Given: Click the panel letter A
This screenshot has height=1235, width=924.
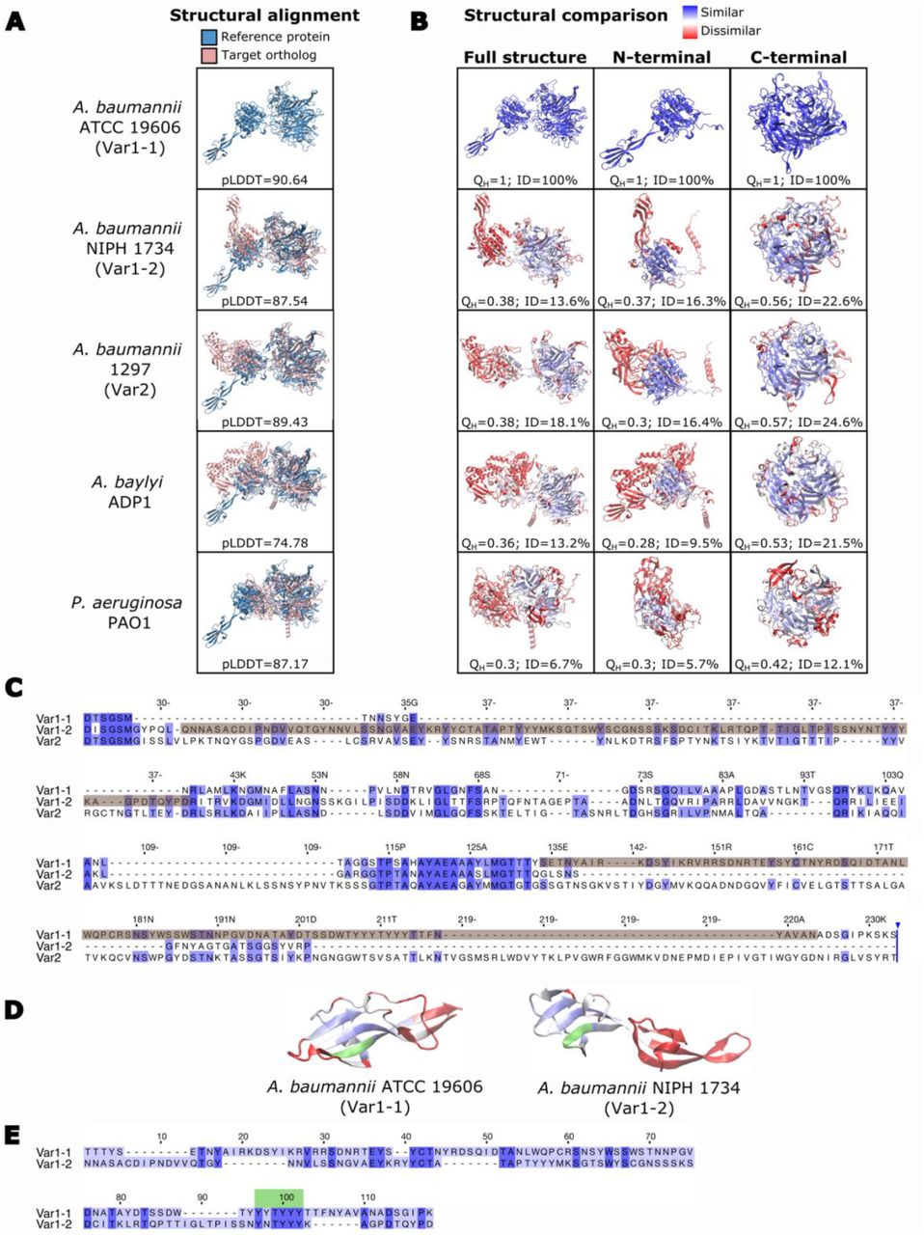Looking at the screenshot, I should point(15,20).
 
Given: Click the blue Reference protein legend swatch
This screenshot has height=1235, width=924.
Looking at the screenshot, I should point(210,37).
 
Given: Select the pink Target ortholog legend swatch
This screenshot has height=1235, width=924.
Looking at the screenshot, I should point(210,55).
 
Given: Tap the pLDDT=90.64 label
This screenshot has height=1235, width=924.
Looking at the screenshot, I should point(264,179).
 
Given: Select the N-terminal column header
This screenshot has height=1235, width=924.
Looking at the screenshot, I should point(661,57).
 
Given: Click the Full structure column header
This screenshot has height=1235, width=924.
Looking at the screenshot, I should point(525,57).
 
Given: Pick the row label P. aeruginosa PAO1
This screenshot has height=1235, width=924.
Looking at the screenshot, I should point(126,613).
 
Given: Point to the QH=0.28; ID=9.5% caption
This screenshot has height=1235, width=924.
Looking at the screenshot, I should point(662,543).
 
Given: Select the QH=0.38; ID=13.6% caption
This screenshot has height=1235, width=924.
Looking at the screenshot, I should point(526,301).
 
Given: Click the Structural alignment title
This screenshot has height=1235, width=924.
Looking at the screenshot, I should point(264,15).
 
